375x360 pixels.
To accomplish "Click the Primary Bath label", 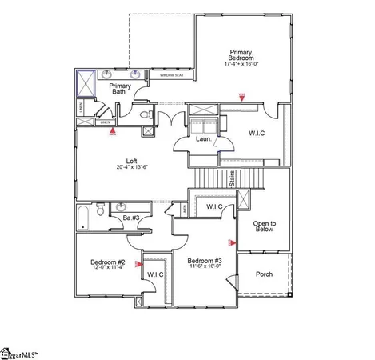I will [x=120, y=88].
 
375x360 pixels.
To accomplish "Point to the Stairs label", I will [x=232, y=181].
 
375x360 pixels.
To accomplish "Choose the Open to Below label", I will [x=264, y=226].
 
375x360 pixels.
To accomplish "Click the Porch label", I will [x=264, y=274].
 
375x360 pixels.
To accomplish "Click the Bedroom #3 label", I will [x=204, y=261].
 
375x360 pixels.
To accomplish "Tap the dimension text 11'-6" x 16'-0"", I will [x=204, y=267].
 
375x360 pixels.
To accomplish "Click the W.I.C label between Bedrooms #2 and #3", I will [x=155, y=275].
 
